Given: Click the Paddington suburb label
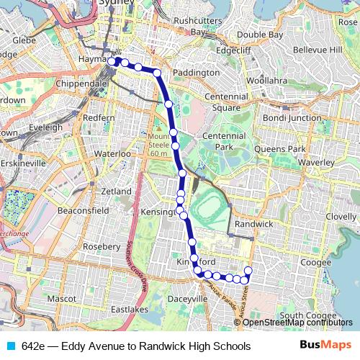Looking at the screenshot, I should click(x=192, y=73).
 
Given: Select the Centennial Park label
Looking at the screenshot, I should click(x=224, y=141).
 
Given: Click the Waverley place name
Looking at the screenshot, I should click(x=318, y=163).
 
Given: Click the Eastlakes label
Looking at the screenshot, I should click(x=130, y=309).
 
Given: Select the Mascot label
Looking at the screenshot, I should click(x=61, y=297).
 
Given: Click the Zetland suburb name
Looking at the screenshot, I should click(x=117, y=192).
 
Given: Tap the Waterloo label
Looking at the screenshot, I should click(x=112, y=154).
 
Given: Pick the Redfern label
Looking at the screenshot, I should click(x=99, y=117).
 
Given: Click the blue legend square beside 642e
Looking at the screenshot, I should click(x=10, y=346).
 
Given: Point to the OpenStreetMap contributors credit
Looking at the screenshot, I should click(x=297, y=323).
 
